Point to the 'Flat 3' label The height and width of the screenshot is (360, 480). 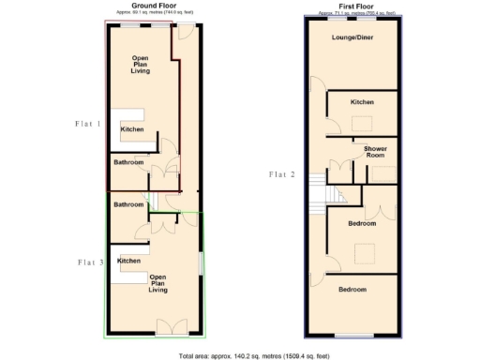(x=91, y=262)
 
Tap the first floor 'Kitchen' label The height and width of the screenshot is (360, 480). (x=362, y=101)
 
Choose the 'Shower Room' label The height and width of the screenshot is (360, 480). (x=376, y=152)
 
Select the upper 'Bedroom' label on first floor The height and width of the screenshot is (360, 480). (x=362, y=224)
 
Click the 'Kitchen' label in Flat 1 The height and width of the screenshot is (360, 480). (x=132, y=129)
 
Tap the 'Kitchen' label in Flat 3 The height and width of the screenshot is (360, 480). (x=129, y=261)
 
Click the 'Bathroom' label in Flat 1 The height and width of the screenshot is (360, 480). (x=128, y=162)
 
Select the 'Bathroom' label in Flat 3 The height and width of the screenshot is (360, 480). (x=128, y=204)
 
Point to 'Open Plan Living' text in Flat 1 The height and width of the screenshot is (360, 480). (x=141, y=64)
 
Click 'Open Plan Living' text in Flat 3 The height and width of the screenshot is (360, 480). (x=158, y=283)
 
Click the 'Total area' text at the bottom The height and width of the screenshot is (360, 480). (x=240, y=355)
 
